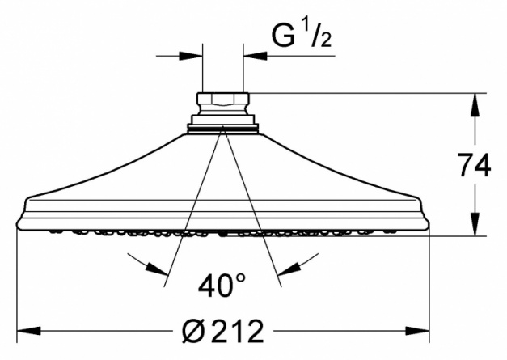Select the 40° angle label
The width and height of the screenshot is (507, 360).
tap(222, 285)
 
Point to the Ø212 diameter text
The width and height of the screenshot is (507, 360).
tap(223, 331)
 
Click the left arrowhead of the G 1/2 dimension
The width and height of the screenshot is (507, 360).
tap(191, 56)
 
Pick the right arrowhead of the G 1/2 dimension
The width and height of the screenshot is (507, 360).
tap(255, 56)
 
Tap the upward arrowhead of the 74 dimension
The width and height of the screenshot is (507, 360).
tap(475, 105)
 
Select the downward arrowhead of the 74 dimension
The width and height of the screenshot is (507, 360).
tap(475, 224)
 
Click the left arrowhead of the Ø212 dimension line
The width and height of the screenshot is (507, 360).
tap(29, 331)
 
